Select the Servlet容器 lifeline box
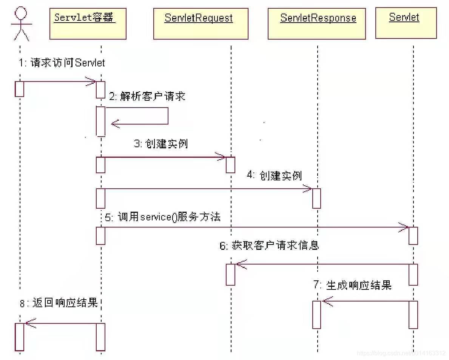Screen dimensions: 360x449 tap(88, 24)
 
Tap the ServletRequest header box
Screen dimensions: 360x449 tap(201, 24)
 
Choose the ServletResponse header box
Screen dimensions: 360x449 tap(316, 24)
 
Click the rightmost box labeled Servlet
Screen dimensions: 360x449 tap(406, 23)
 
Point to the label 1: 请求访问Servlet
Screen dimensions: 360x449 tap(62, 63)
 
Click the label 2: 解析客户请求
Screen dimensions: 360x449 tap(147, 96)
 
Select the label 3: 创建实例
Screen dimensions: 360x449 tap(161, 144)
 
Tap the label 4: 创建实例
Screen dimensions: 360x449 tap(275, 175)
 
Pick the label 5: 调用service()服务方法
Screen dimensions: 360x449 tap(163, 217)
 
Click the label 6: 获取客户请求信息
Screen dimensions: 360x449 tap(269, 246)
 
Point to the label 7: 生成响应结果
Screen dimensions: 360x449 tap(352, 285)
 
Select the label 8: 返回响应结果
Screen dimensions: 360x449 tap(59, 303)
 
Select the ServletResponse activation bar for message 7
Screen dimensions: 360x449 tap(316, 315)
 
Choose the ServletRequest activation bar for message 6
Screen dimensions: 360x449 tap(230, 274)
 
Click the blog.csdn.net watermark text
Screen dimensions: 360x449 tap(401, 353)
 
